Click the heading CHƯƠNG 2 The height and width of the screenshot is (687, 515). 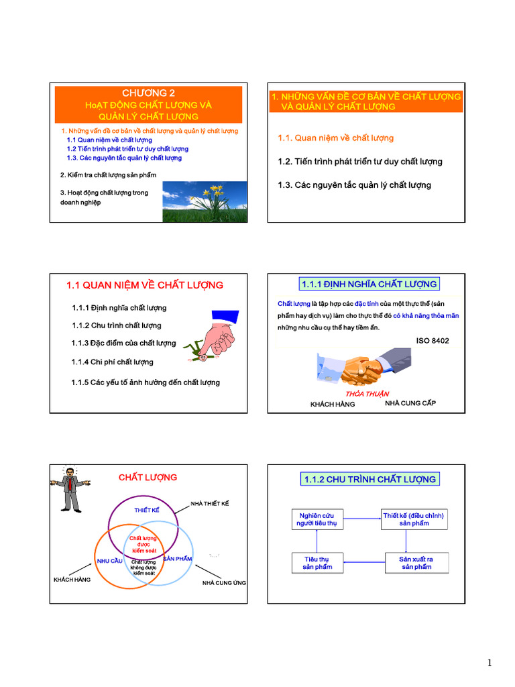(x=148, y=93)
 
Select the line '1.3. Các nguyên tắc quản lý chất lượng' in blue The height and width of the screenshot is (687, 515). (x=124, y=158)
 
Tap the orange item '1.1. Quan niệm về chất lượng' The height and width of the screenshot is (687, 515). (x=335, y=138)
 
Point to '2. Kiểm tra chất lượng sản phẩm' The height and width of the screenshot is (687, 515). (x=108, y=175)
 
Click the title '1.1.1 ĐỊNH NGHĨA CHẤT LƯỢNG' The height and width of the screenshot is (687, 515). (x=369, y=284)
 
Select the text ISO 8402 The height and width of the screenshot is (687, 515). (x=433, y=341)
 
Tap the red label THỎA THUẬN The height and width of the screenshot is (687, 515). (x=367, y=394)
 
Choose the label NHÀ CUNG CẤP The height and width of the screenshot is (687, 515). (x=414, y=404)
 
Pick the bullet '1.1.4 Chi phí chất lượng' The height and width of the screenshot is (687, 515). (x=112, y=362)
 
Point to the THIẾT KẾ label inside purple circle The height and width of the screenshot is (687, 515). (x=147, y=511)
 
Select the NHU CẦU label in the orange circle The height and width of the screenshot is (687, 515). (x=109, y=560)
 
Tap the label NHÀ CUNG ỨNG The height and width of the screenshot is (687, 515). (x=224, y=583)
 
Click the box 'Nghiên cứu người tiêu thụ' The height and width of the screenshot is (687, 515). (x=317, y=519)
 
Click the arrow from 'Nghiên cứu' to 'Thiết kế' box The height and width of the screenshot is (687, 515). (x=362, y=518)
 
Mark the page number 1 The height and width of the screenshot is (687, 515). (x=490, y=664)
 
